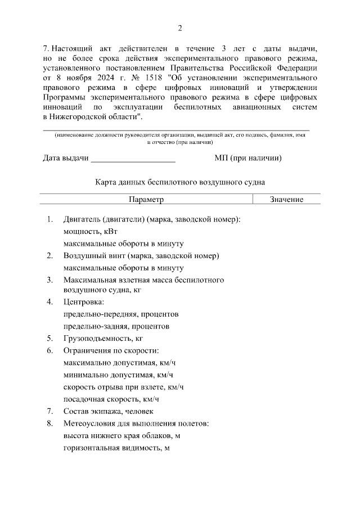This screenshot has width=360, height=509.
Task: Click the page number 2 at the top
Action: click(179, 29)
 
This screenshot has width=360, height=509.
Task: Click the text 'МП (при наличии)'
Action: click(248, 158)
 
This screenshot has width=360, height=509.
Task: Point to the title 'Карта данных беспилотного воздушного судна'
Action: click(179, 182)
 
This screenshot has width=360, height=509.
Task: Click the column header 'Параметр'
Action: click(146, 200)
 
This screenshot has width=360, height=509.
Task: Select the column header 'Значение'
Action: click(286, 200)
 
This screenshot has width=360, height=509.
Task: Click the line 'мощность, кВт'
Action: click(90, 231)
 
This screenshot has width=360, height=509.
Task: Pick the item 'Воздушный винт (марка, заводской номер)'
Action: click(141, 255)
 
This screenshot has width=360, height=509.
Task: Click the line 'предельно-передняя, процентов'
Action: click(121, 314)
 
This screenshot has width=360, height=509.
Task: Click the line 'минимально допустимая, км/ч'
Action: click(118, 375)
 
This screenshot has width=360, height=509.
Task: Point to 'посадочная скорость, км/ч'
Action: click(111, 399)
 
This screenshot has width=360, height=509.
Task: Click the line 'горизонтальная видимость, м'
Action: click(116, 448)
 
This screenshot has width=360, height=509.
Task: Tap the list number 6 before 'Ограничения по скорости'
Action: click(49, 351)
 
